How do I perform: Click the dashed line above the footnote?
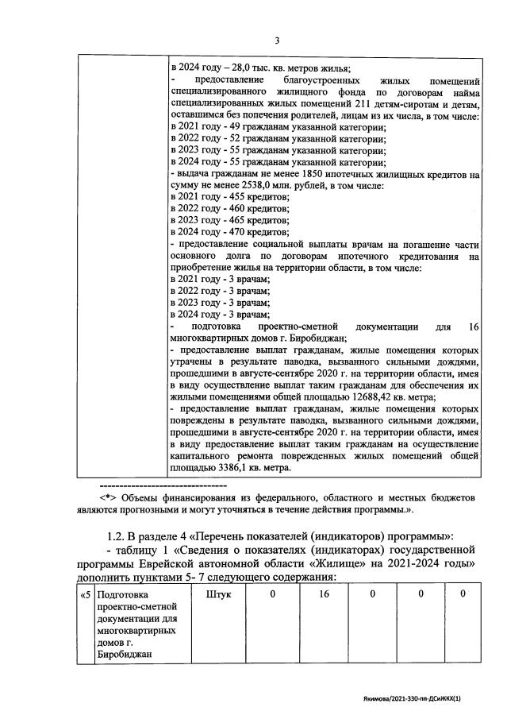tap(163, 484)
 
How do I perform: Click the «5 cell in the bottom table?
tap(86, 594)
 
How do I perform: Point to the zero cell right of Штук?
tap(272, 594)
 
